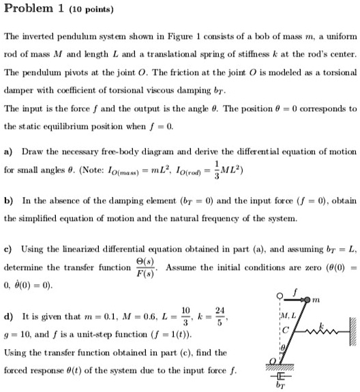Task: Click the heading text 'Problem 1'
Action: tap(32, 9)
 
